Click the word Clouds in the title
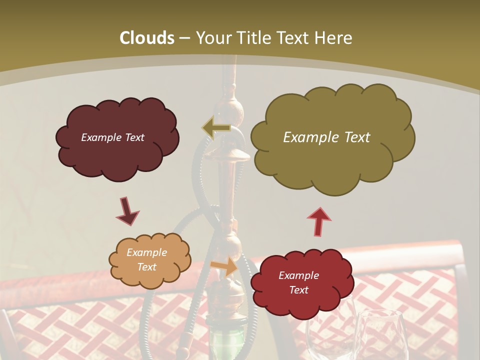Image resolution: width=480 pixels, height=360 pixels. (147, 38)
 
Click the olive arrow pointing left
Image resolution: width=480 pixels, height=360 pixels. (216, 127)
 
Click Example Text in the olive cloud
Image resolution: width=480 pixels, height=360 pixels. (326, 137)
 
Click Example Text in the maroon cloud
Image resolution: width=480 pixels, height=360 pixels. (112, 137)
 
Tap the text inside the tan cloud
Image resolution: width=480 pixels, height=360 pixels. (146, 259)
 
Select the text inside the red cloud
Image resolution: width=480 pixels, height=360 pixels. (298, 282)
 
